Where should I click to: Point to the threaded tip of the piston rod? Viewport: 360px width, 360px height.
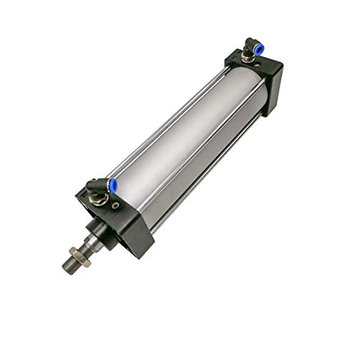point(68,268)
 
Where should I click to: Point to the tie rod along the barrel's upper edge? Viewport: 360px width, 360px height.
point(168,120)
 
